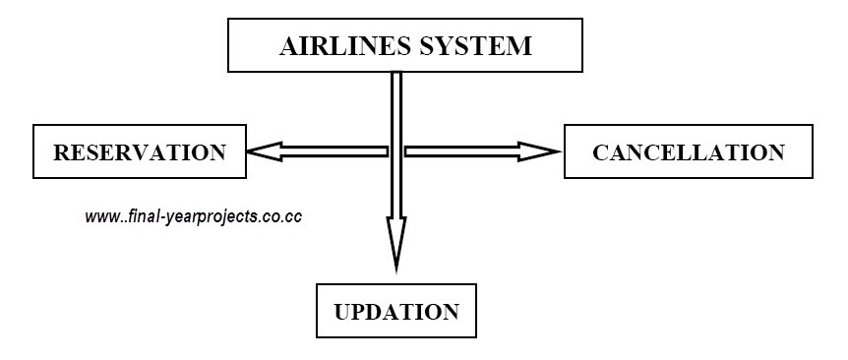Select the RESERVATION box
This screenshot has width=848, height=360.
(x=139, y=151)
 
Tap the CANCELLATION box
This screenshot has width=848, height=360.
(x=688, y=151)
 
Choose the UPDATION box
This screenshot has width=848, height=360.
(x=395, y=312)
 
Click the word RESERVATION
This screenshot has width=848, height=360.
(x=139, y=152)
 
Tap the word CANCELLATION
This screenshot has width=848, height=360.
(x=688, y=152)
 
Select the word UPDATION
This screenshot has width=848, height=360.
(x=395, y=313)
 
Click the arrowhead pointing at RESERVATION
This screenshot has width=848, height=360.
(x=258, y=151)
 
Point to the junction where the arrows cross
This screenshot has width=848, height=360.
(x=395, y=151)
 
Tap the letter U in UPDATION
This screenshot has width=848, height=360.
(x=342, y=313)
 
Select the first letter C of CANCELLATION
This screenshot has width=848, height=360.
(x=600, y=152)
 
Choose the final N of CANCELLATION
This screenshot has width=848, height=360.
(x=776, y=152)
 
